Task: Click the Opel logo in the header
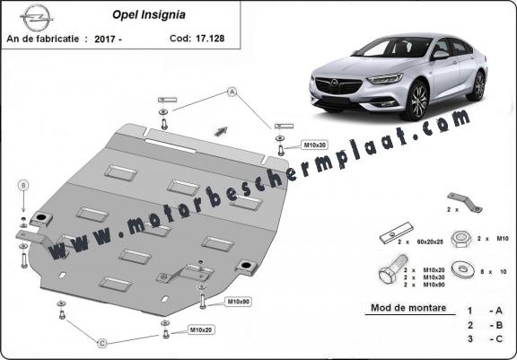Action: click(36, 17)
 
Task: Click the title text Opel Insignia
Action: click(149, 15)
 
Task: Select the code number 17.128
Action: click(210, 39)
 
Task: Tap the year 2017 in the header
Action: click(104, 39)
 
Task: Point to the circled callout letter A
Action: click(232, 92)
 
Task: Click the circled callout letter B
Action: click(23, 186)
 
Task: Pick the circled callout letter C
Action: click(102, 344)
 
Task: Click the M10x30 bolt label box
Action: click(314, 145)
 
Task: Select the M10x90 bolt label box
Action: click(239, 302)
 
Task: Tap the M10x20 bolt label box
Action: click(201, 329)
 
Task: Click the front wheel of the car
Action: click(417, 100)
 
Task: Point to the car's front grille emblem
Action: click(335, 83)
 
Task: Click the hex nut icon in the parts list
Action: click(461, 239)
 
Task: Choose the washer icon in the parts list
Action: click(463, 269)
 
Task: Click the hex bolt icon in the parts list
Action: click(392, 268)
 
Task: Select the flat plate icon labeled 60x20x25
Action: click(397, 233)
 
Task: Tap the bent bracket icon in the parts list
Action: click(465, 202)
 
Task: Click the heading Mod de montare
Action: click(408, 308)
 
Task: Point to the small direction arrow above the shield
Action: click(221, 131)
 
